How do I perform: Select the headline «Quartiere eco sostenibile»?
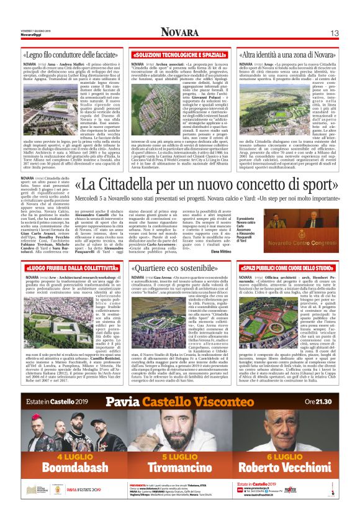tap(181, 268)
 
